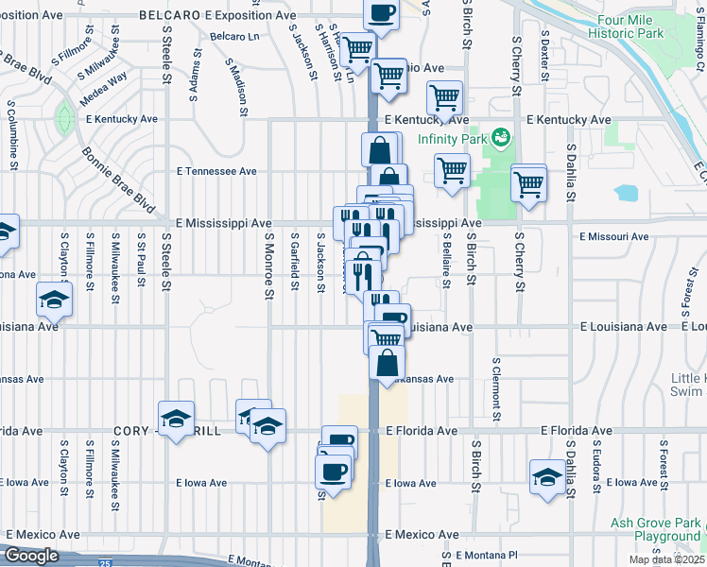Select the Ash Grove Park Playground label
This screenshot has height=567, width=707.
tap(655, 529)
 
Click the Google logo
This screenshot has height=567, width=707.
tap(31, 556)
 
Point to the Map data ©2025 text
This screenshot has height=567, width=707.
tap(665, 559)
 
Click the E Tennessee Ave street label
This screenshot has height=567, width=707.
tap(216, 172)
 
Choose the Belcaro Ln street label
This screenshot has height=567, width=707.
tap(234, 36)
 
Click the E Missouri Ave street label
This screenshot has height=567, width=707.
tap(613, 236)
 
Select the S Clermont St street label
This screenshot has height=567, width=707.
tap(495, 387)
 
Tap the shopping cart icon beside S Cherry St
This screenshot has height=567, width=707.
tap(529, 182)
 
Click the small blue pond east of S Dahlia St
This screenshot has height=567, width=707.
tap(625, 193)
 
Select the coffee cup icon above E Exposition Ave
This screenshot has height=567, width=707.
tap(381, 13)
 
